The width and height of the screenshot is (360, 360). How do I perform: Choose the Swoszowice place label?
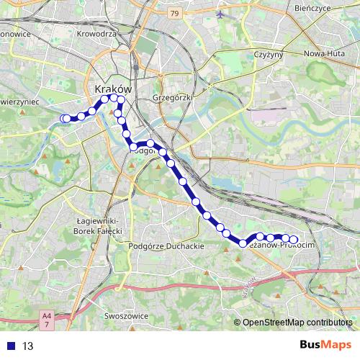[126, 315]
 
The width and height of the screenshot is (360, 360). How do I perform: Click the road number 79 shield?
[174, 14]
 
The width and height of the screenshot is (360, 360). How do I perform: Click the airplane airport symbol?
[220, 13]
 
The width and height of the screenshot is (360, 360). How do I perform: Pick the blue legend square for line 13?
[11, 346]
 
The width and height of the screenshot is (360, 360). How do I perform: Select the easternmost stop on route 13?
[294, 240]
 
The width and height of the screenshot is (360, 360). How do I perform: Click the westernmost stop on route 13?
[66, 119]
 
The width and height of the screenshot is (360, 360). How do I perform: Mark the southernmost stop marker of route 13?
[244, 243]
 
